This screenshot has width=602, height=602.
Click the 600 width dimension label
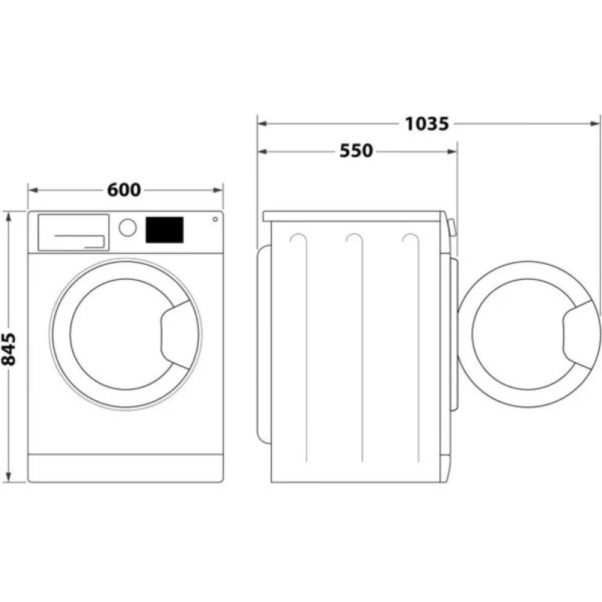[x=124, y=190]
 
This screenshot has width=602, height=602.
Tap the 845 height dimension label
[x=8, y=347]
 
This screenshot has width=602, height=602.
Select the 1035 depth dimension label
[x=427, y=124]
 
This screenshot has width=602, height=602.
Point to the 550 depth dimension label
[x=356, y=151]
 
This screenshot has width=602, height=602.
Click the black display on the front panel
[x=164, y=230]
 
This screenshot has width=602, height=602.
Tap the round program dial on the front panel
[x=128, y=228]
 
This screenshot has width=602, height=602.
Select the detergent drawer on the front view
[x=73, y=232]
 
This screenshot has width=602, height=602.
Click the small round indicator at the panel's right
[x=215, y=219]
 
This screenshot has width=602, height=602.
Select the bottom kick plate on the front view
[x=125, y=468]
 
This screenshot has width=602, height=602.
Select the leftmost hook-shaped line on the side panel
[x=299, y=240]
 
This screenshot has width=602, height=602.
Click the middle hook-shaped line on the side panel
[x=355, y=240]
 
